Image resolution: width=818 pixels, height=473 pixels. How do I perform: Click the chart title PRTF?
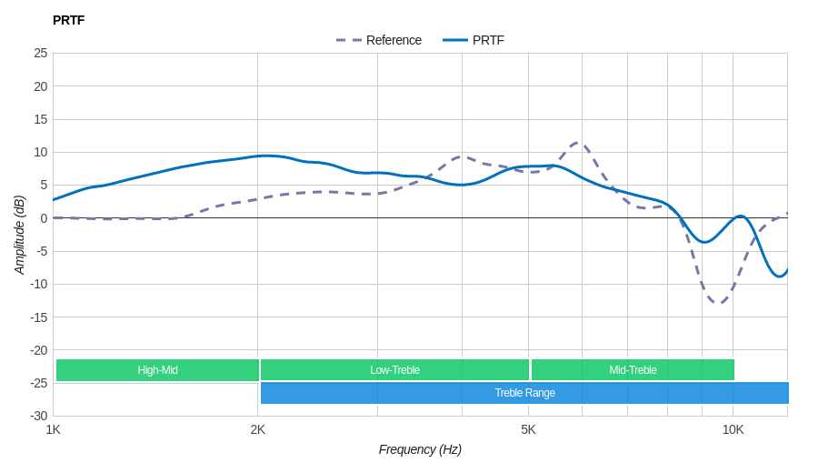pyautogui.click(x=68, y=20)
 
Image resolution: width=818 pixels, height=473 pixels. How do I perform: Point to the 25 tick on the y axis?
pyautogui.click(x=41, y=53)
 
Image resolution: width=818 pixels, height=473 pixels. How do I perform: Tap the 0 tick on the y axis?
pyautogui.click(x=44, y=218)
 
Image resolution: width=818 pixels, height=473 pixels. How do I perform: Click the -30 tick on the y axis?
pyautogui.click(x=39, y=416)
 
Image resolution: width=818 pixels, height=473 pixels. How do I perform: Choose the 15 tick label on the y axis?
pyautogui.click(x=41, y=119)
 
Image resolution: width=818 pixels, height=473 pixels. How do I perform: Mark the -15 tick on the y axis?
pyautogui.click(x=39, y=317)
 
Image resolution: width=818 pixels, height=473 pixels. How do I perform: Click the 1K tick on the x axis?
pyautogui.click(x=54, y=429)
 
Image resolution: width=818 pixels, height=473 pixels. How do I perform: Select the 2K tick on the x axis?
pyautogui.click(x=258, y=429)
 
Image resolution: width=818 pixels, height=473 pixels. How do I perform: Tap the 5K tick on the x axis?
pyautogui.click(x=528, y=429)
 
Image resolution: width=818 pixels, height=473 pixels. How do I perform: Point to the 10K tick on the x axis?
pyautogui.click(x=733, y=429)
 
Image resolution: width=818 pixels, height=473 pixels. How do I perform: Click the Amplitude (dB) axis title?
pyautogui.click(x=20, y=235)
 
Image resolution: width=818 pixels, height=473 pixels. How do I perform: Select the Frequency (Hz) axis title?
pyautogui.click(x=420, y=449)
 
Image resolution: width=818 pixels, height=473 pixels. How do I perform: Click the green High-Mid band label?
pyautogui.click(x=157, y=370)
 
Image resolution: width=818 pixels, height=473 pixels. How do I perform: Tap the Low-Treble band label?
pyautogui.click(x=394, y=370)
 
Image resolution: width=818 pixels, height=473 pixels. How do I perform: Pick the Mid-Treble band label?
pyautogui.click(x=633, y=370)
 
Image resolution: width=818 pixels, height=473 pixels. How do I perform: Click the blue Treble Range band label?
pyautogui.click(x=524, y=393)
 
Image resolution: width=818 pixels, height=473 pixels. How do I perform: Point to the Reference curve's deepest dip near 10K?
pyautogui.click(x=719, y=302)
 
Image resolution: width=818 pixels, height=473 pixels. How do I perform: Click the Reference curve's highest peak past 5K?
pyautogui.click(x=579, y=143)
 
